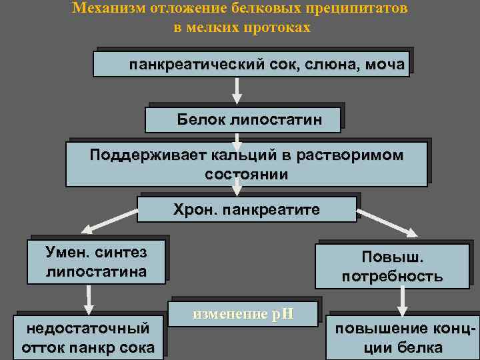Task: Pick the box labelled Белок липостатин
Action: pos(243,120)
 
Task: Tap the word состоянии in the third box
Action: pos(247,175)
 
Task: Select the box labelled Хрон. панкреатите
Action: pos(247,209)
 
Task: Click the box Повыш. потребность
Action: pos(392,267)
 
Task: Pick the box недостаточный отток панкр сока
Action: pos(88,337)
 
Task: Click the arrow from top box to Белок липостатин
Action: pos(235,90)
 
